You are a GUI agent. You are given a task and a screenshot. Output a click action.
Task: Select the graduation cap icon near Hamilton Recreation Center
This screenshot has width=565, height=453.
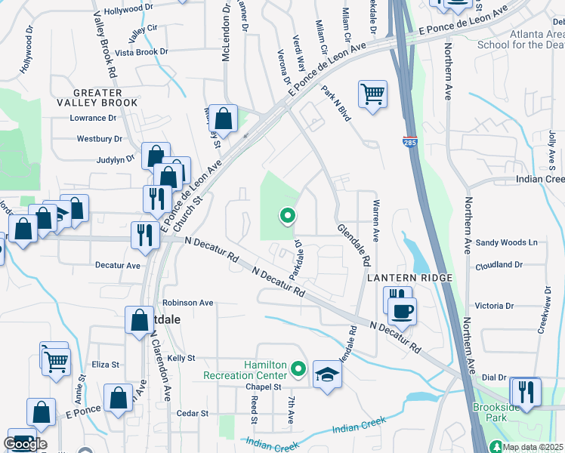pos(326,375)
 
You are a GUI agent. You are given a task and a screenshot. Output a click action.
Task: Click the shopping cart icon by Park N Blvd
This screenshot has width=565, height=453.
pos(372,94)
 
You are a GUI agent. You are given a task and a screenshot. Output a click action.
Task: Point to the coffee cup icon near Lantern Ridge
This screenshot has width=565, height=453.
pos(403,310)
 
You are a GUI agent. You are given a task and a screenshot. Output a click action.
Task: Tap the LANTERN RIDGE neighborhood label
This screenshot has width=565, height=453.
pos(409,279)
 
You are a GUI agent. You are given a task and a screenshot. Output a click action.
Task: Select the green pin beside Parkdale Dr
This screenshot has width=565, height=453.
pos(287,217)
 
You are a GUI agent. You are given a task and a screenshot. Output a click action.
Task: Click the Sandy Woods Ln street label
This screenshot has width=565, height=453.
pos(507,242)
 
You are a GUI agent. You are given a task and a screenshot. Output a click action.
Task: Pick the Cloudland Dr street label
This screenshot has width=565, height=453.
pos(499,265)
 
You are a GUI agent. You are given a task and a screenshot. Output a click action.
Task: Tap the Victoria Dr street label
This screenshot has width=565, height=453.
pos(499,307)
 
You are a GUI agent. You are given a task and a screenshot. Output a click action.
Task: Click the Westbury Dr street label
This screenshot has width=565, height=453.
pos(100,139)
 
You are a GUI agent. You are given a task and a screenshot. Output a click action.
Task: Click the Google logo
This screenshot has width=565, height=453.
pos(25,443)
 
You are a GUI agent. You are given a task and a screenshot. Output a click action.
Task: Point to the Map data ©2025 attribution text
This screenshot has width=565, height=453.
pos(533,447)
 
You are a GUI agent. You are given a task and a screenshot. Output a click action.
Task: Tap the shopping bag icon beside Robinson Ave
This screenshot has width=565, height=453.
pos(140,319)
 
